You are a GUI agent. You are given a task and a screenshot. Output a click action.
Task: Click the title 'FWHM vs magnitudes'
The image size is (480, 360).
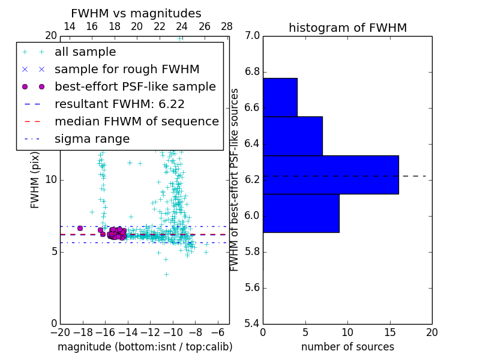(136, 14)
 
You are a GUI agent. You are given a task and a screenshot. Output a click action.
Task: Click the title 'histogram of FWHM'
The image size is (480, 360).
(347, 28)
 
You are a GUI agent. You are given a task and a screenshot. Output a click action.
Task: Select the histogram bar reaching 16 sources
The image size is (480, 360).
(331, 175)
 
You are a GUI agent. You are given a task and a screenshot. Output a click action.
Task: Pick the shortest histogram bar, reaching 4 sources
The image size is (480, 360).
(280, 97)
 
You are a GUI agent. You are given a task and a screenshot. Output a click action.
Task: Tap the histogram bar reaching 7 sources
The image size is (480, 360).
(292, 136)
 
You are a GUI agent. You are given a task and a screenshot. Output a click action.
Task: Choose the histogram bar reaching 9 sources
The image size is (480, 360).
(301, 213)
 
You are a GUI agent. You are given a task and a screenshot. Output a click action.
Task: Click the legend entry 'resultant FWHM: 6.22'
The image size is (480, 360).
(119, 104)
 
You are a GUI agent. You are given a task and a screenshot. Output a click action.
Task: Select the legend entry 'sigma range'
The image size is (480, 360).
(92, 139)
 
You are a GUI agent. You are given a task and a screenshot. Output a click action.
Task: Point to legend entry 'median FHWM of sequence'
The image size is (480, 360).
(136, 121)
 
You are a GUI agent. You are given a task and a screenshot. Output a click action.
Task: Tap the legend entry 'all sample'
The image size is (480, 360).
(85, 52)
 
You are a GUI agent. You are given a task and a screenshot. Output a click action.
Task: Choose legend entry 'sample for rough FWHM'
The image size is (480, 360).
(127, 69)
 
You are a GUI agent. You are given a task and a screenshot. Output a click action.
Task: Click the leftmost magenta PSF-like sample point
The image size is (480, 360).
(80, 228)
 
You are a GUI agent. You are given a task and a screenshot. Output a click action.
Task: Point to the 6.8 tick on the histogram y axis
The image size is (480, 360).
(252, 72)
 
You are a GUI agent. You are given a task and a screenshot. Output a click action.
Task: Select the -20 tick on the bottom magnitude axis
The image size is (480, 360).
(60, 332)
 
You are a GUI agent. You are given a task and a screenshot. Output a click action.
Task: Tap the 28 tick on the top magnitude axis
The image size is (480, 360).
(227, 26)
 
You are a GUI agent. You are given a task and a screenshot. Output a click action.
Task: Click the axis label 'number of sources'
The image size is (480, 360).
(347, 347)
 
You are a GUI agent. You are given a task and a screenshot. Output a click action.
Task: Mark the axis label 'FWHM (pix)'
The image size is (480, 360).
(35, 179)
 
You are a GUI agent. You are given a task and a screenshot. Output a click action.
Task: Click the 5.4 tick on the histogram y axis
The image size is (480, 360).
(252, 323)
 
